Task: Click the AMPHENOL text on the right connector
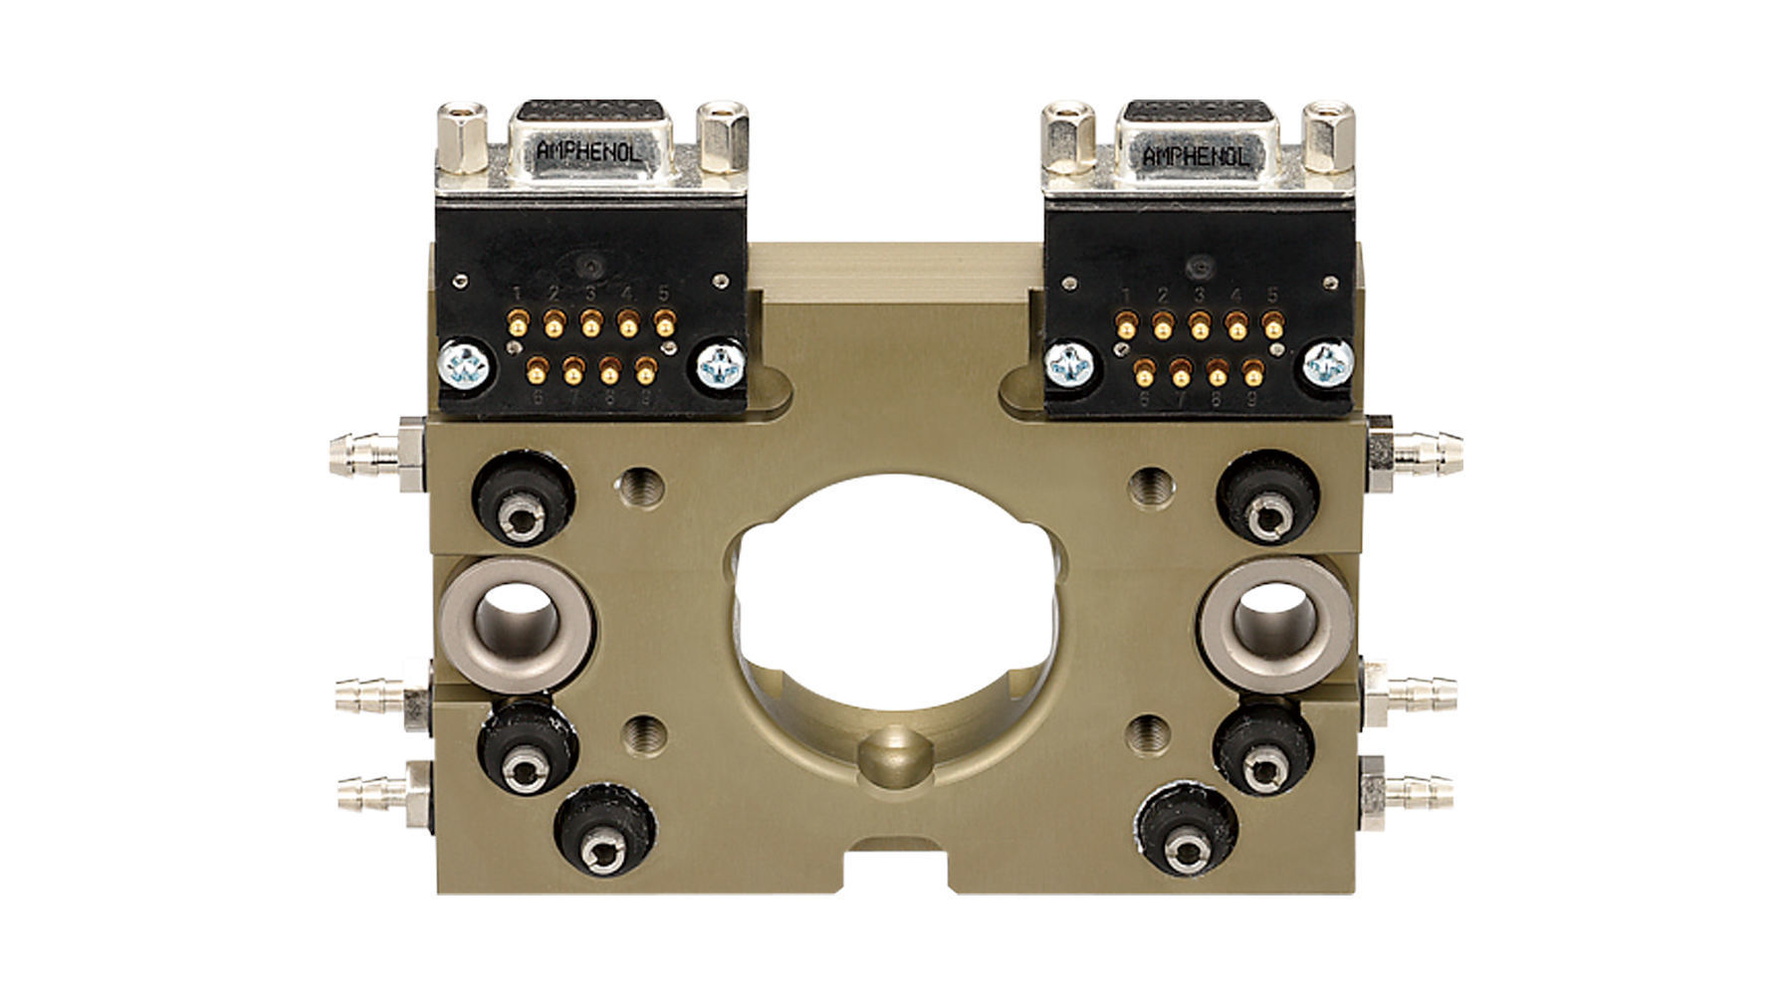point(1194,156)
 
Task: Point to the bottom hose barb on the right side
point(1418,792)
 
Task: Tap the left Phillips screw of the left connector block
point(465,365)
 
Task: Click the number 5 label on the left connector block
point(663,293)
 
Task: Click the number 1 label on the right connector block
point(1126,296)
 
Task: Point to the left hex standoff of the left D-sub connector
point(462,138)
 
